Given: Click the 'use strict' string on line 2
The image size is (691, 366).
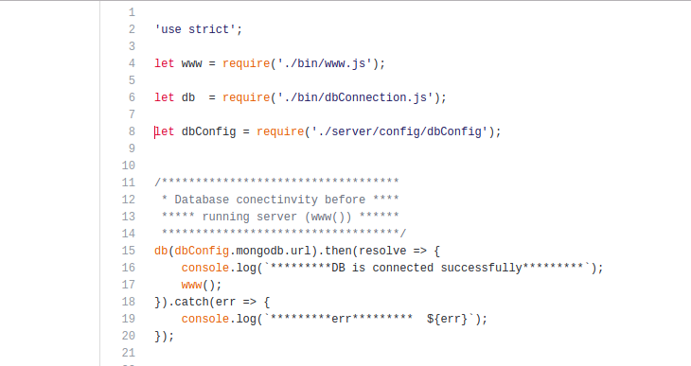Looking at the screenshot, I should pyautogui.click(x=195, y=29).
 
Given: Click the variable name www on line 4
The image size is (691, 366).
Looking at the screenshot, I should pyautogui.click(x=191, y=63).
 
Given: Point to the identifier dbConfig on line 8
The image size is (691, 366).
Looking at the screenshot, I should pyautogui.click(x=208, y=131).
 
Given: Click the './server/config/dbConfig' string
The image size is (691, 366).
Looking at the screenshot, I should pyautogui.click(x=399, y=131).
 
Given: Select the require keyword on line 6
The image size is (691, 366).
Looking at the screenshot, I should pyautogui.click(x=246, y=97).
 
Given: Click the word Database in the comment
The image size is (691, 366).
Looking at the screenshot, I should pyautogui.click(x=202, y=200).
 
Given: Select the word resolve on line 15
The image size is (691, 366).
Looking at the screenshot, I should pyautogui.click(x=381, y=251).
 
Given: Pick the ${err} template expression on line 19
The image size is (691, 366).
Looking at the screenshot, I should pyautogui.click(x=447, y=319).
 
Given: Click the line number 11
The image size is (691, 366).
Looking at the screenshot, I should pyautogui.click(x=129, y=183).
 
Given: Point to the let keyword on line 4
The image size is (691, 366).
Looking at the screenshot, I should pyautogui.click(x=164, y=63).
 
